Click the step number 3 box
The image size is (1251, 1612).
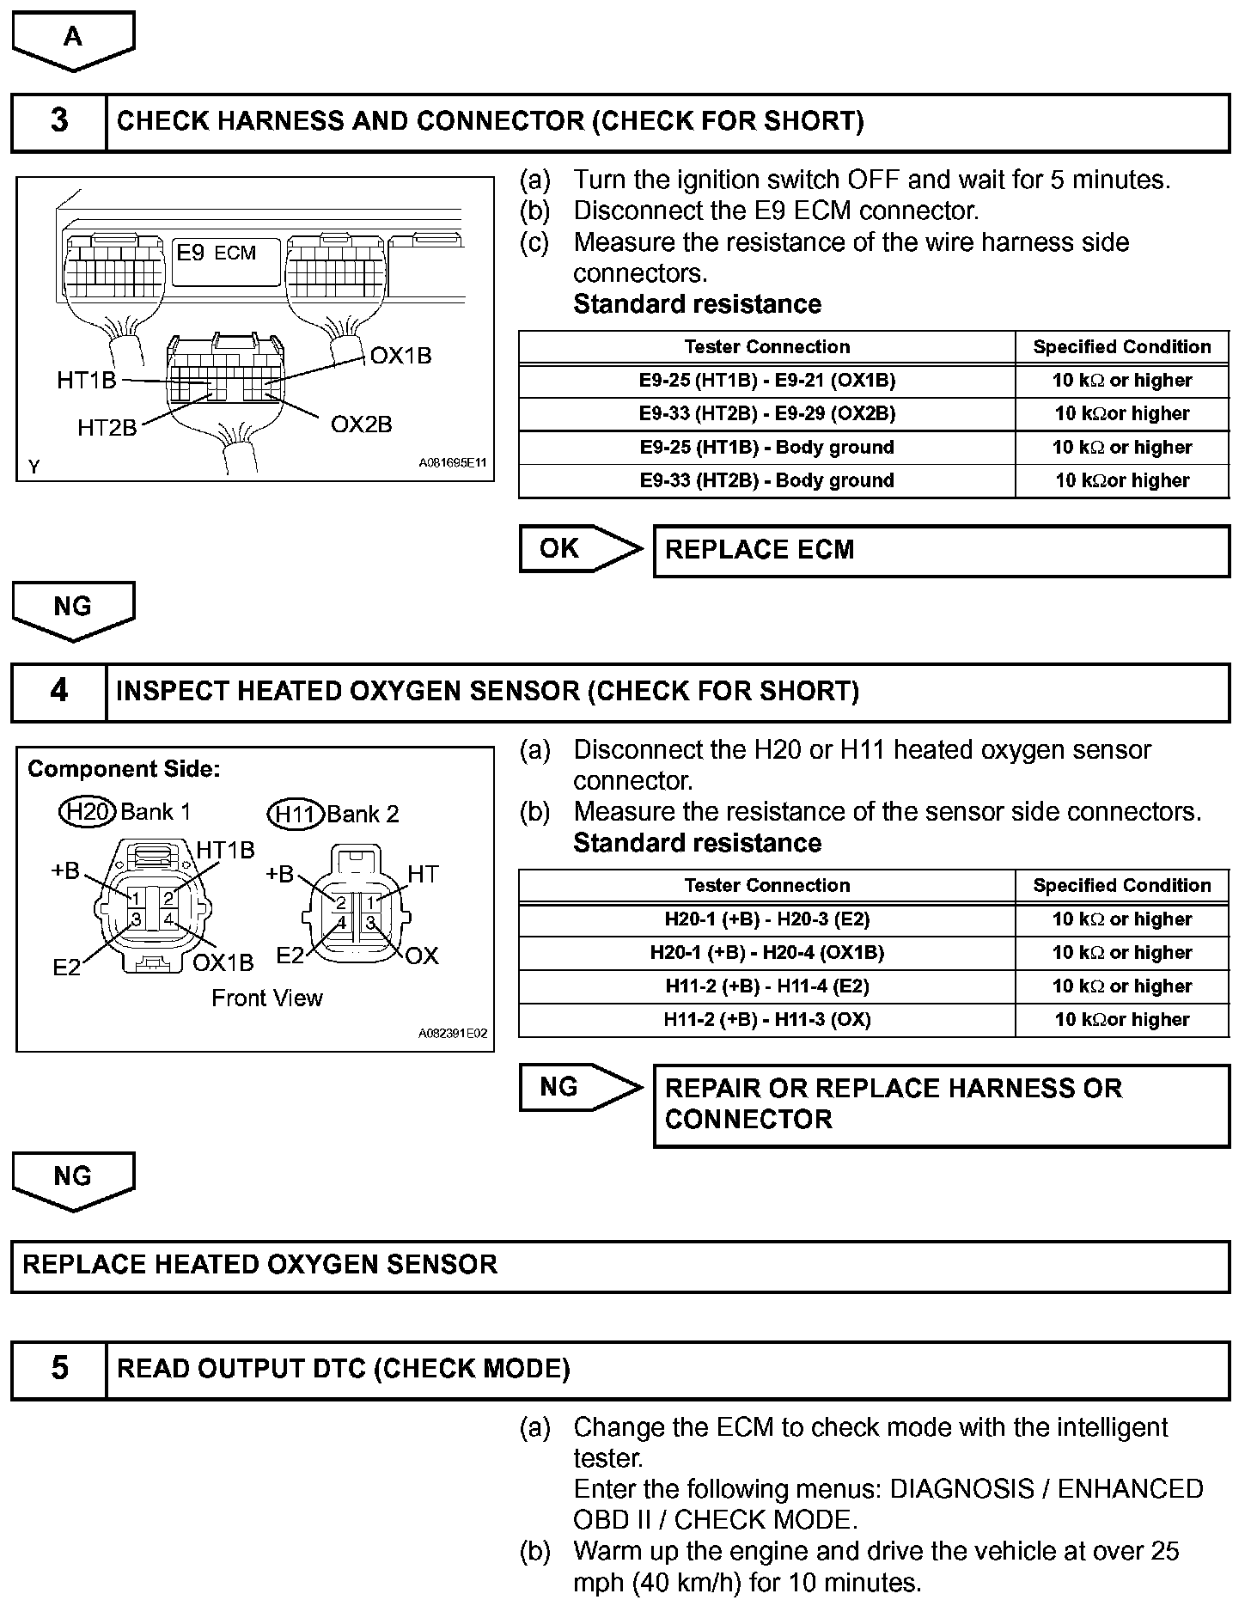click(x=58, y=121)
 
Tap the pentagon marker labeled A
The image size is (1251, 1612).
click(x=73, y=39)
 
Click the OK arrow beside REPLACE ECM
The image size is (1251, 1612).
click(x=579, y=549)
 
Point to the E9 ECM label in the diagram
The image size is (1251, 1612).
click(x=217, y=253)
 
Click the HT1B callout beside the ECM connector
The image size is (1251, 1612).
click(x=86, y=380)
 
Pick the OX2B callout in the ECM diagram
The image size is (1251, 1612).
click(x=361, y=424)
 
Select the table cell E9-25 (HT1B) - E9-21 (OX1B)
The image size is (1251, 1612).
click(x=766, y=381)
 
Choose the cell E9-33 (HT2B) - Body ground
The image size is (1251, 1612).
click(x=766, y=481)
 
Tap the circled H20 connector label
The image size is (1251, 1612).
click(x=87, y=812)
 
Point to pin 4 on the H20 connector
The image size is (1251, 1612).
click(x=169, y=920)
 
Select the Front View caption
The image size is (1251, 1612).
click(x=266, y=998)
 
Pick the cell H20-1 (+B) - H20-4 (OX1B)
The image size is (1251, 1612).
click(x=766, y=953)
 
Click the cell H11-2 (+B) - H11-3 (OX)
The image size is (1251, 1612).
click(x=766, y=1020)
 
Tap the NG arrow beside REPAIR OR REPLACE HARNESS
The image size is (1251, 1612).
click(x=579, y=1088)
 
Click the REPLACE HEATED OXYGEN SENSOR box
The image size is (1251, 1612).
click(x=619, y=1266)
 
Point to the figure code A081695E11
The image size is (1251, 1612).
click(x=452, y=463)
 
